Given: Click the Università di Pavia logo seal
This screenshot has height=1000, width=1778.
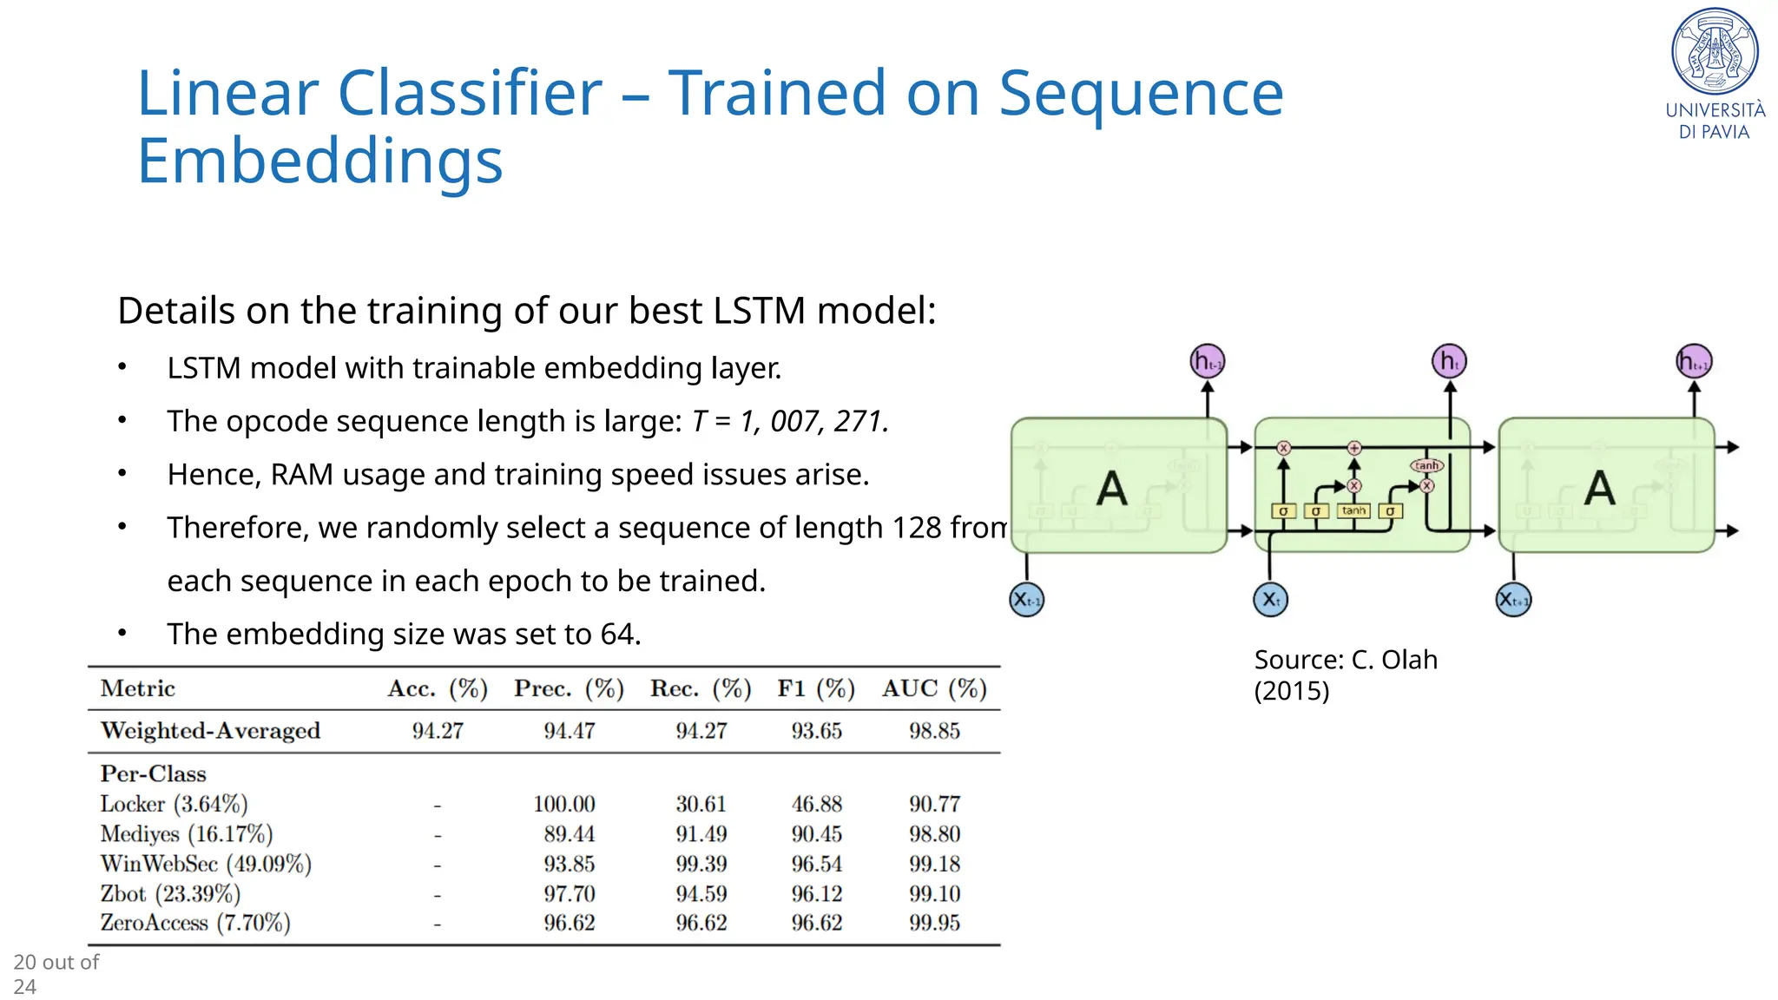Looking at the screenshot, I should (x=1715, y=51).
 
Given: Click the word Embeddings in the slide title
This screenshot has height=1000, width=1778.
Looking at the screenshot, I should (x=319, y=161).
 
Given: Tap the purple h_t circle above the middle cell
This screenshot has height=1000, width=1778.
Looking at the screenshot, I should (x=1449, y=361).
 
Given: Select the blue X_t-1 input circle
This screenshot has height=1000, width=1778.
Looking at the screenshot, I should (x=1027, y=600).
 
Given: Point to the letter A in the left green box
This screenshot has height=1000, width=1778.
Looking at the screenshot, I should (x=1112, y=488).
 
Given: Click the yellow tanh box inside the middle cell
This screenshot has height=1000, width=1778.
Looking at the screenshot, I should (x=1353, y=510).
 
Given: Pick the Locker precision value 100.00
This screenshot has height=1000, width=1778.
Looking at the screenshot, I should (x=564, y=804).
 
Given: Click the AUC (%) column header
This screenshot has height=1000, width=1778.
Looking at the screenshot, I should (x=934, y=688).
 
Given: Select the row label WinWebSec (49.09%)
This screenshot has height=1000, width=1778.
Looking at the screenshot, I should (x=206, y=864).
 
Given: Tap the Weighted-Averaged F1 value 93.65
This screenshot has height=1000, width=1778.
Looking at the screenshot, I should (x=816, y=731).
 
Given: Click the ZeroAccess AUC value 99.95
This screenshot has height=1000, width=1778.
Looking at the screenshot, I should (x=934, y=923).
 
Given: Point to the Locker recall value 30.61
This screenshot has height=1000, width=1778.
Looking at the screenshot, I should (x=701, y=804).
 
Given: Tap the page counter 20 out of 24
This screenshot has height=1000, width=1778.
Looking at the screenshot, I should (x=56, y=974).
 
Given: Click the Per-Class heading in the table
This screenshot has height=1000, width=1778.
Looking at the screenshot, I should (x=153, y=773).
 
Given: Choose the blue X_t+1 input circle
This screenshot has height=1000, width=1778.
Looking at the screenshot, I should (x=1513, y=600).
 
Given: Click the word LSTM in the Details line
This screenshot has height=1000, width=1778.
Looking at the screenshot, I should (x=758, y=311).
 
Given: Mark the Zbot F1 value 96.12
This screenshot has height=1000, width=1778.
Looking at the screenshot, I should (x=816, y=893).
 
